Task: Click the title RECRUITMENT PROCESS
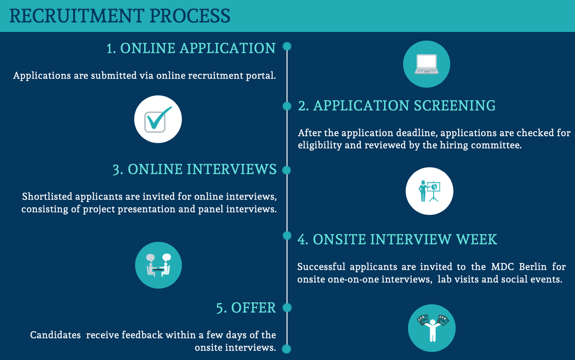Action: pos(119,16)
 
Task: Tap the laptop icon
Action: pos(426,64)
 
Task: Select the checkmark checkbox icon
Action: pos(158,120)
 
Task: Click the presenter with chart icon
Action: pos(429,191)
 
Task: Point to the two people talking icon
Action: pos(159,265)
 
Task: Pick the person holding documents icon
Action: pos(433,328)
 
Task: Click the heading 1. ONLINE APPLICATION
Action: pos(191,48)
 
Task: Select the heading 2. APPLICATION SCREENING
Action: pos(397,106)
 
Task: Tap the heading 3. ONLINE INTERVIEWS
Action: pos(195,169)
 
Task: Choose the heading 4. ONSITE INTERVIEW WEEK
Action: pos(398,239)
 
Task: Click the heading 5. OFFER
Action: pos(246,307)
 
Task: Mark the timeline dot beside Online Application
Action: pos(287,46)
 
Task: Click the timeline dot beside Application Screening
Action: pos(287,106)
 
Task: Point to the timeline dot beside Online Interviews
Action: pos(287,170)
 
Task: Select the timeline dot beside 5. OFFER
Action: pos(287,307)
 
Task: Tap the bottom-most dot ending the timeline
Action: pos(287,349)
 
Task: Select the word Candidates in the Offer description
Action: pos(55,335)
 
